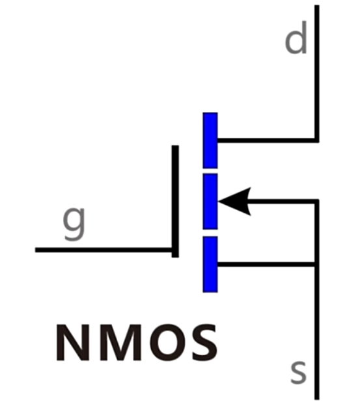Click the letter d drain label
click(296, 38)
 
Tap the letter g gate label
click(74, 223)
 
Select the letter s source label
click(299, 372)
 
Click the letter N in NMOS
click(73, 342)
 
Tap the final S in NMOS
click(205, 342)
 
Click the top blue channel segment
click(210, 141)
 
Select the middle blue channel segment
click(210, 202)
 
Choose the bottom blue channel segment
click(210, 264)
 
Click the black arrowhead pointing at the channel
click(234, 202)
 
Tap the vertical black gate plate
click(175, 201)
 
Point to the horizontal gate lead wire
click(104, 250)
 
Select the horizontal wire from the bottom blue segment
click(266, 264)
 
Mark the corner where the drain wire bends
click(317, 141)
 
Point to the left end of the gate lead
click(36, 250)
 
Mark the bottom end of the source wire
click(317, 399)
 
